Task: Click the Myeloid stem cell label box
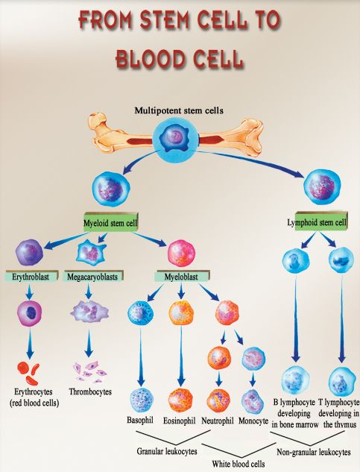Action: (x=110, y=222)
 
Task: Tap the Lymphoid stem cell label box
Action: (x=320, y=221)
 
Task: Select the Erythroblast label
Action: (x=31, y=276)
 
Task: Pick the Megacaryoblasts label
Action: (x=93, y=276)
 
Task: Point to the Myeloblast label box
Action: (x=182, y=276)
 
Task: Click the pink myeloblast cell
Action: (x=182, y=254)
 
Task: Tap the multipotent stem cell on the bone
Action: (x=175, y=138)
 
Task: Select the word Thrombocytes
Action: (x=90, y=391)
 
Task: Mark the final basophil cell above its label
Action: (x=142, y=400)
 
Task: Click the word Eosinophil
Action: (x=179, y=421)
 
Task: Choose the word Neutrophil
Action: (x=218, y=421)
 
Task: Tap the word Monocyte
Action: (x=253, y=421)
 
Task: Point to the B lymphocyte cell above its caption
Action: (x=295, y=380)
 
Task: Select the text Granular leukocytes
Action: (x=167, y=451)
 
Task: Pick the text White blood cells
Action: (x=239, y=464)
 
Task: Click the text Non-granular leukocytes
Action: (x=313, y=452)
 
